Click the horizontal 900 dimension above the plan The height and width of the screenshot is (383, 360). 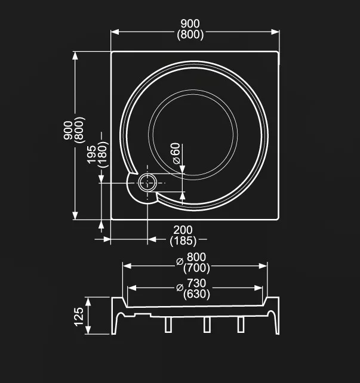click(x=190, y=23)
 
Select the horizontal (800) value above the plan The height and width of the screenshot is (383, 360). click(x=190, y=35)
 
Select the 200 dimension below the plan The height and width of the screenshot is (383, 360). click(x=183, y=230)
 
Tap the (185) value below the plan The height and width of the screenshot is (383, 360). click(x=183, y=241)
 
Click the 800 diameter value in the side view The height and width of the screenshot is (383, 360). click(x=196, y=258)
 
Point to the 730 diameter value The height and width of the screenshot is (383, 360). click(x=196, y=283)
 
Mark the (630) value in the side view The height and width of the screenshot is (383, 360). click(x=196, y=294)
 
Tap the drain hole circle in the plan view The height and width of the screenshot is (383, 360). click(x=147, y=183)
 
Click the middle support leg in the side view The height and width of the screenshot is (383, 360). click(x=207, y=324)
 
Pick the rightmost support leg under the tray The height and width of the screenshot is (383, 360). click(x=241, y=324)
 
